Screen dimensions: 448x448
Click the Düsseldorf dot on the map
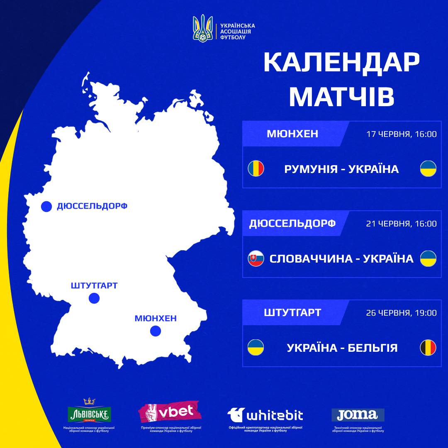(x=46, y=206)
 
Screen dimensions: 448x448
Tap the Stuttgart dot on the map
(x=94, y=298)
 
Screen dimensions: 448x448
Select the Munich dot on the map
(x=156, y=331)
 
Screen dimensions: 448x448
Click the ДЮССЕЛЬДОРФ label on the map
(x=92, y=206)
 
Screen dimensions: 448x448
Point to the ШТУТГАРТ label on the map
(x=94, y=285)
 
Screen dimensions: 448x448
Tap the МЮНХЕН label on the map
(x=156, y=318)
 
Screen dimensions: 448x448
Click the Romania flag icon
(x=256, y=169)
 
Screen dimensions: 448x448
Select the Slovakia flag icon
(x=256, y=258)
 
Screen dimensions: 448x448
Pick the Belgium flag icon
(x=428, y=348)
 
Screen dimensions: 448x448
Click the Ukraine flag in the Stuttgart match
(x=256, y=348)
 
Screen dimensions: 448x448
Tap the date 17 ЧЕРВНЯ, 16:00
(x=402, y=134)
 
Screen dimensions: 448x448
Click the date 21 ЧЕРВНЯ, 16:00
(x=402, y=224)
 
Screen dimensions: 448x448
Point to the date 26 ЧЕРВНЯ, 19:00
(x=402, y=313)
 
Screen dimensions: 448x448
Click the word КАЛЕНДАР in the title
(x=341, y=63)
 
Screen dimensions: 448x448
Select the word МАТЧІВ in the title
(x=341, y=97)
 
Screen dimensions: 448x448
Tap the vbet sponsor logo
(x=170, y=411)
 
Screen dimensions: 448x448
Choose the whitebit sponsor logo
(x=265, y=414)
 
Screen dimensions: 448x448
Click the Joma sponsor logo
(x=358, y=414)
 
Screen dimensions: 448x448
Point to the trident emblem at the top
(x=203, y=28)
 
